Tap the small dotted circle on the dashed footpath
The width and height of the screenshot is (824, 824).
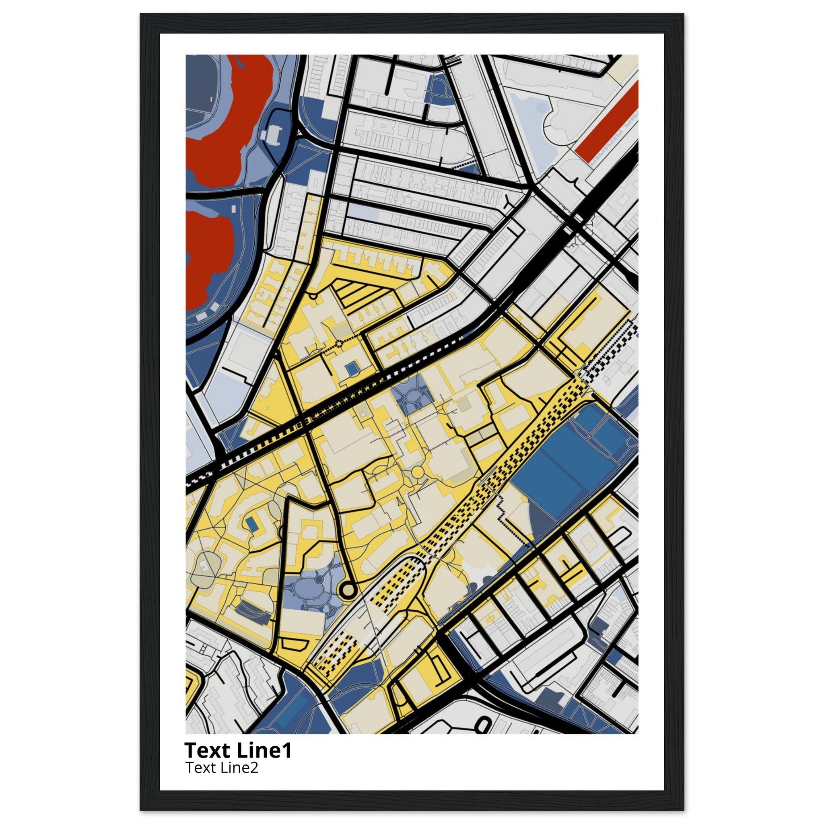(339, 342)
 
